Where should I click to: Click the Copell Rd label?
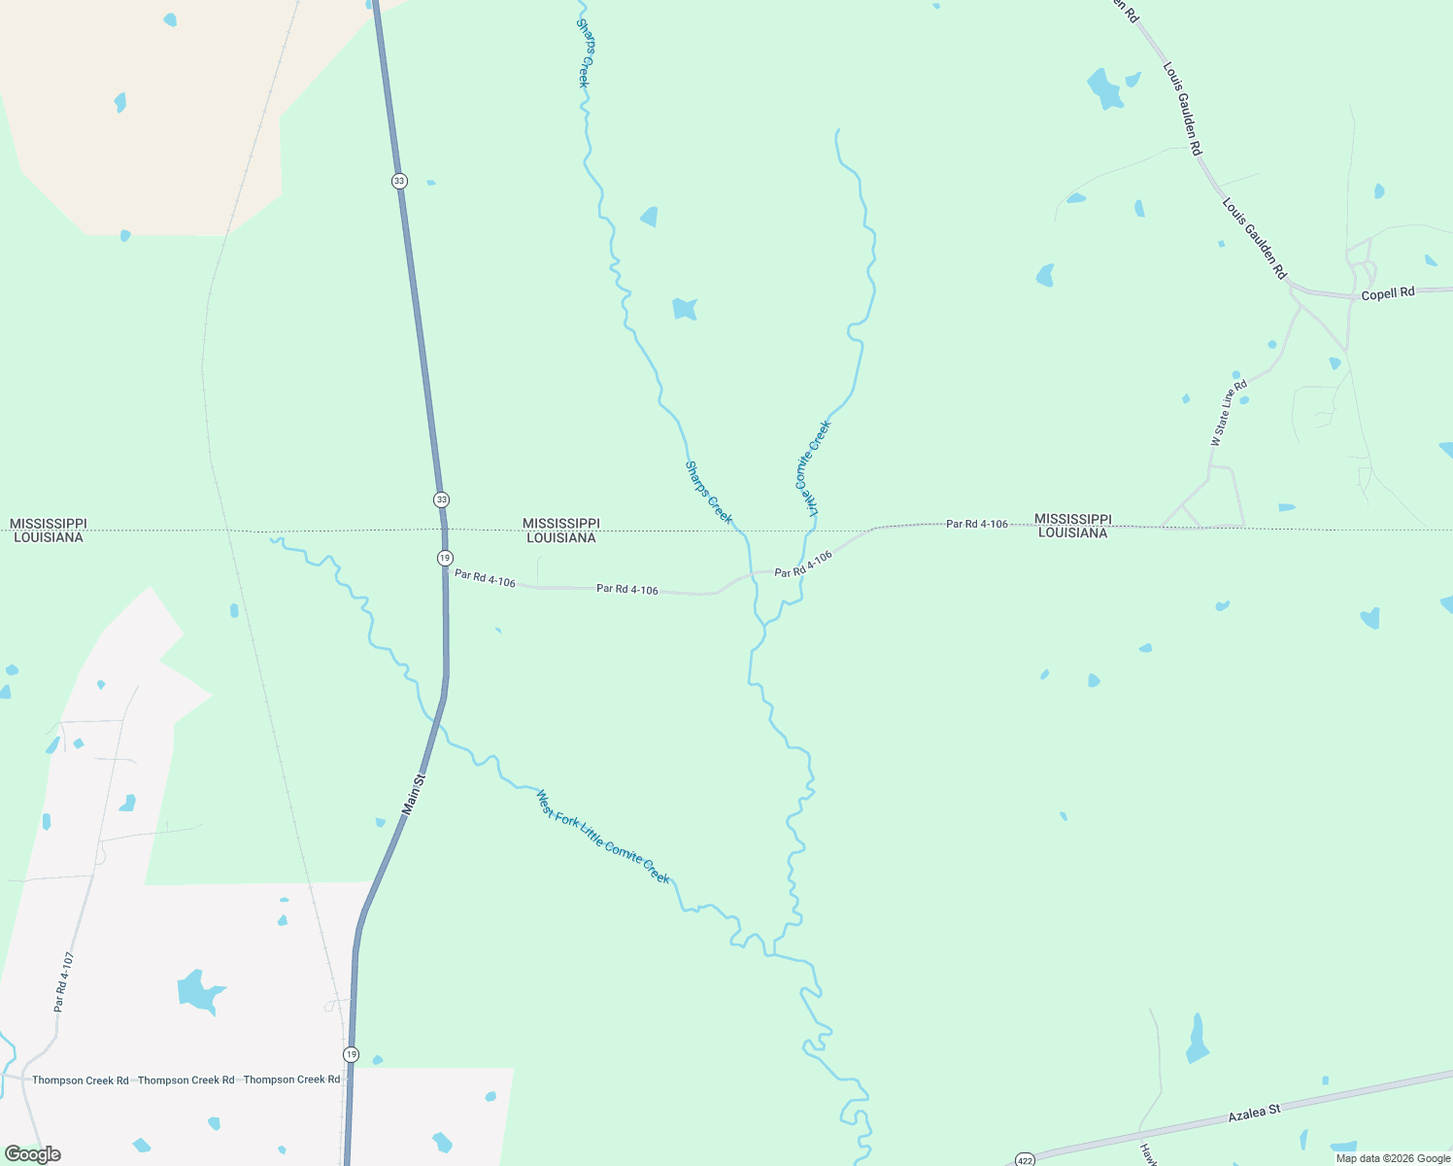tap(1388, 293)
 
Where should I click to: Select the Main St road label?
tap(414, 794)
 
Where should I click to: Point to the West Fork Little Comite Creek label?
tap(603, 836)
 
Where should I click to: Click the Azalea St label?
tap(1254, 1113)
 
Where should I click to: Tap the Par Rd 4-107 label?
tap(64, 982)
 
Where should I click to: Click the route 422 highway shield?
tap(1025, 1160)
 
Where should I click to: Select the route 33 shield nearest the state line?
tap(442, 499)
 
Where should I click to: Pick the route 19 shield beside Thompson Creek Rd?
tap(351, 1054)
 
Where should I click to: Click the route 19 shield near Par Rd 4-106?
tap(445, 558)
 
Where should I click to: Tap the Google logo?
tap(32, 1154)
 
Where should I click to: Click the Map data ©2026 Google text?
tap(1393, 1158)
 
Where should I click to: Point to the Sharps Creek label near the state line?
tap(709, 493)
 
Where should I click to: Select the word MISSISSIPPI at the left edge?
tap(49, 524)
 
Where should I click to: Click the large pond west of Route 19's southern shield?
tap(200, 992)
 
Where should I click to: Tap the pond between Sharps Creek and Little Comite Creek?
tap(685, 309)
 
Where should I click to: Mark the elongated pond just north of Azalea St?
tap(1198, 1040)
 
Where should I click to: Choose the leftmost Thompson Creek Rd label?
tap(81, 1080)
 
